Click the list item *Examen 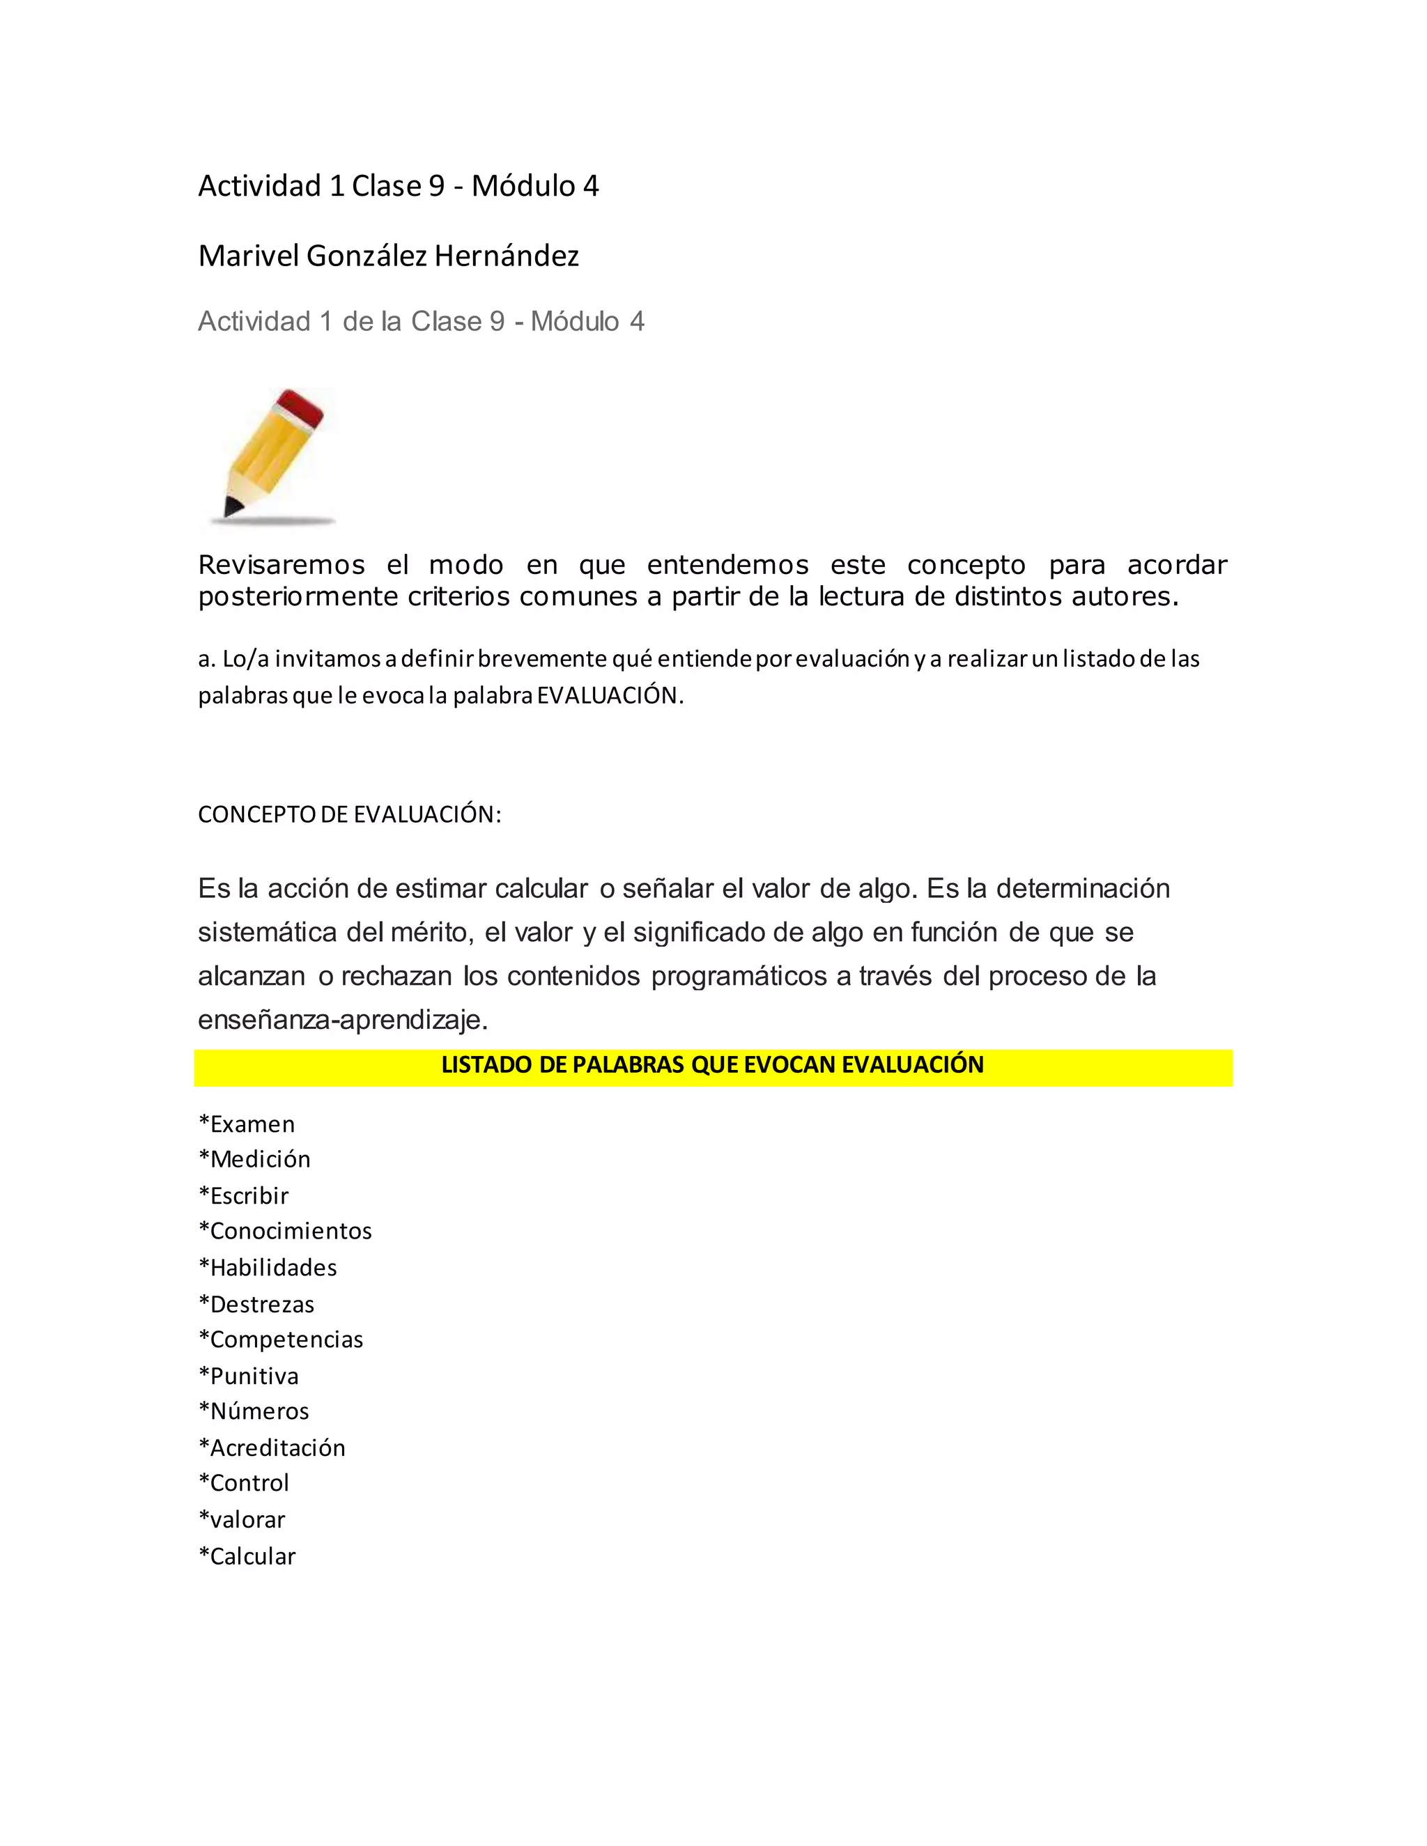pyautogui.click(x=247, y=1124)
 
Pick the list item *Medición pyautogui.click(x=254, y=1159)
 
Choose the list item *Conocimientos pyautogui.click(x=285, y=1231)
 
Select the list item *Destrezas pyautogui.click(x=256, y=1304)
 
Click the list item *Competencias pyautogui.click(x=281, y=1340)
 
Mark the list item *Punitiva pyautogui.click(x=249, y=1376)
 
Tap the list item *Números pyautogui.click(x=254, y=1411)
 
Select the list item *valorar pyautogui.click(x=242, y=1520)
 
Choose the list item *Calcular pyautogui.click(x=247, y=1556)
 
